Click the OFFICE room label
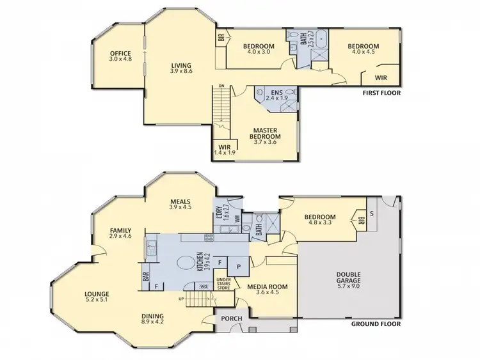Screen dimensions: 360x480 tap(120, 56)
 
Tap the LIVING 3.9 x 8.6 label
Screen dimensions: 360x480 tap(181, 68)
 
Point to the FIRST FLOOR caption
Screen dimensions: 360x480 tap(381, 93)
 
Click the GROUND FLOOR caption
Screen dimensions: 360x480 tap(376, 324)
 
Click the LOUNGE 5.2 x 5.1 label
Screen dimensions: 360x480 tap(97, 298)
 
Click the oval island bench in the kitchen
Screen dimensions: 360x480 tap(185, 263)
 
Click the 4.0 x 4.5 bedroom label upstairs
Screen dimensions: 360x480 tap(363, 50)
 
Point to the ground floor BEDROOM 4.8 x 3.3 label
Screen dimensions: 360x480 tap(320, 221)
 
